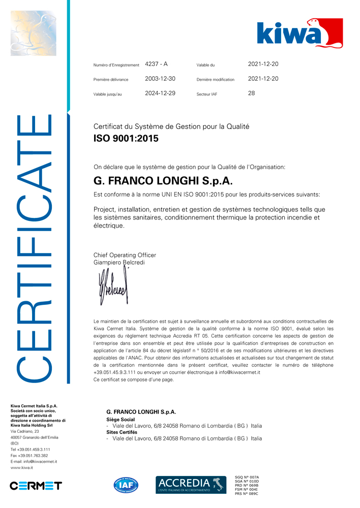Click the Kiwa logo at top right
[299, 34]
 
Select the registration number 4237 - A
[156, 64]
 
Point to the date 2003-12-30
[160, 79]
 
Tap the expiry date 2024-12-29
[160, 93]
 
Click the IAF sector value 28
[251, 93]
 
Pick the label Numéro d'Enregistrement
[116, 65]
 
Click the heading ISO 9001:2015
[126, 138]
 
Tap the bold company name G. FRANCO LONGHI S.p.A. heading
[163, 181]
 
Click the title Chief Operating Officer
[125, 255]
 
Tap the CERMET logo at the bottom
[36, 486]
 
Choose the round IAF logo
[126, 485]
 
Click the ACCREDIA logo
[191, 485]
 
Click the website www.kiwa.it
[22, 467]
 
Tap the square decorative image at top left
[33, 33]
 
